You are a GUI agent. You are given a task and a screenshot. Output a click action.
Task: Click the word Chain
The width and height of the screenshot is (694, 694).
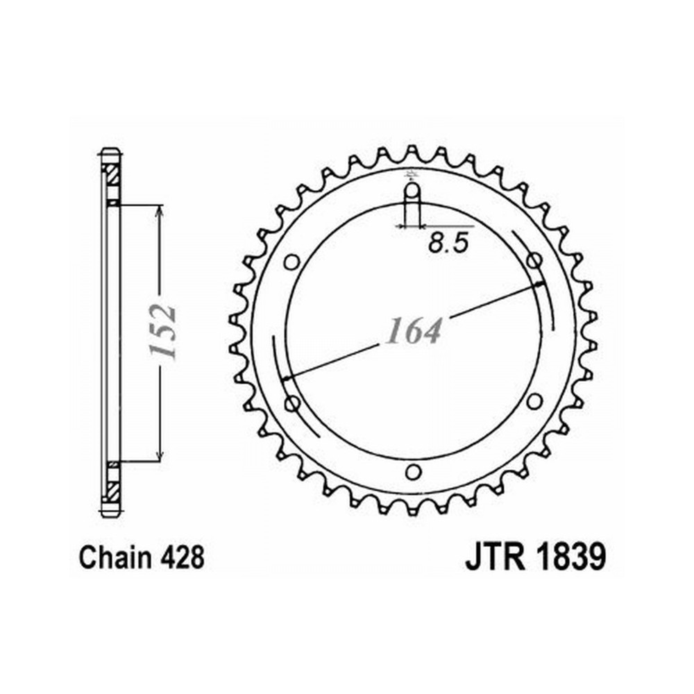pos(115,558)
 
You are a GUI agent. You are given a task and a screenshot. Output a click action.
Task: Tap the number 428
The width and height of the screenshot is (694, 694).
pos(183,558)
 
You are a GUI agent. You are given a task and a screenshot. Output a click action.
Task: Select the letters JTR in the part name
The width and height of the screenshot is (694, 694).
pos(496,557)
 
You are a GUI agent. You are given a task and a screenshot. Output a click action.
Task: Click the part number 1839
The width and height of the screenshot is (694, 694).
pos(571,557)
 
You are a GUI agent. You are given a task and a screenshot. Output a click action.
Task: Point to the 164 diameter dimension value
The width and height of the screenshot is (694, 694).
pos(414,331)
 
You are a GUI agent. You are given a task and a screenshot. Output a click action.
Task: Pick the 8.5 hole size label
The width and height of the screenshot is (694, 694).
pos(448,243)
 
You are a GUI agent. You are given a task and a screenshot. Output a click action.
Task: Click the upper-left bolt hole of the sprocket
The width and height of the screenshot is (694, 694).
pos(291,262)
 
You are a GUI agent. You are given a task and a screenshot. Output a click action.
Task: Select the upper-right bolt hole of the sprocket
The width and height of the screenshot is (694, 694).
pos(534,261)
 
